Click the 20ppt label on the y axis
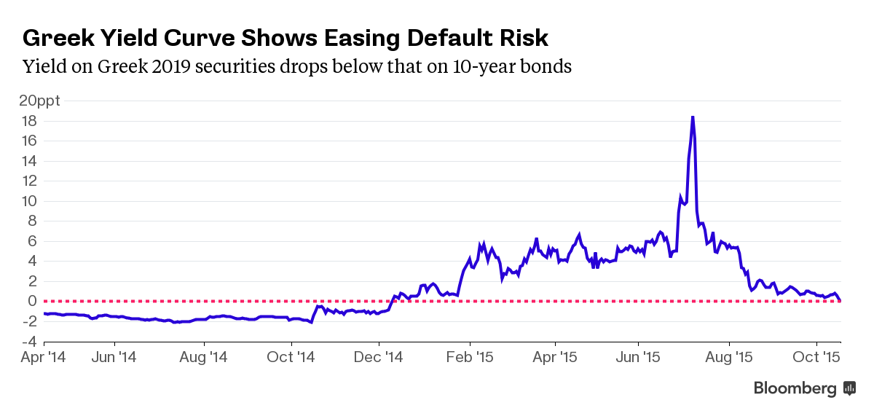click(x=39, y=101)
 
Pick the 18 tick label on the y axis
click(x=29, y=121)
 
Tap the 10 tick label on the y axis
click(x=29, y=201)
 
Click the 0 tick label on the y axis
click(x=33, y=301)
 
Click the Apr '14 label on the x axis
click(x=44, y=358)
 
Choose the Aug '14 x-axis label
click(x=205, y=358)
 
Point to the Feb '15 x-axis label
click(x=470, y=358)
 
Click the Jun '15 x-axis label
click(x=638, y=358)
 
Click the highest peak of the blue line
click(x=692, y=117)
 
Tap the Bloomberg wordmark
click(x=795, y=388)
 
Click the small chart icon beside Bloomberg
click(x=849, y=388)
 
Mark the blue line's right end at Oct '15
click(x=840, y=299)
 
